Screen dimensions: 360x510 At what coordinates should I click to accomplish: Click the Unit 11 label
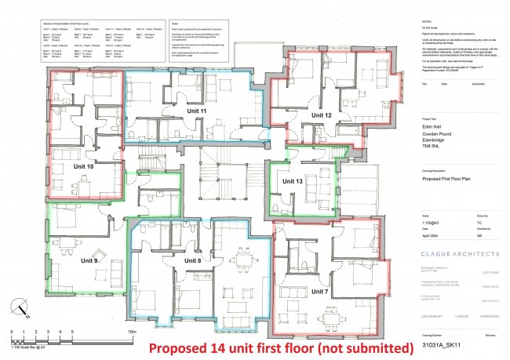(197, 112)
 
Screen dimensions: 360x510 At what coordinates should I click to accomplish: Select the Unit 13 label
(293, 182)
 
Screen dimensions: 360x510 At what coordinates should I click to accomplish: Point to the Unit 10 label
(83, 166)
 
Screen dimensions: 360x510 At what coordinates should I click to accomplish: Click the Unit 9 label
(90, 260)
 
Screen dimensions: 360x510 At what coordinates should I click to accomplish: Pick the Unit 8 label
(193, 260)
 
